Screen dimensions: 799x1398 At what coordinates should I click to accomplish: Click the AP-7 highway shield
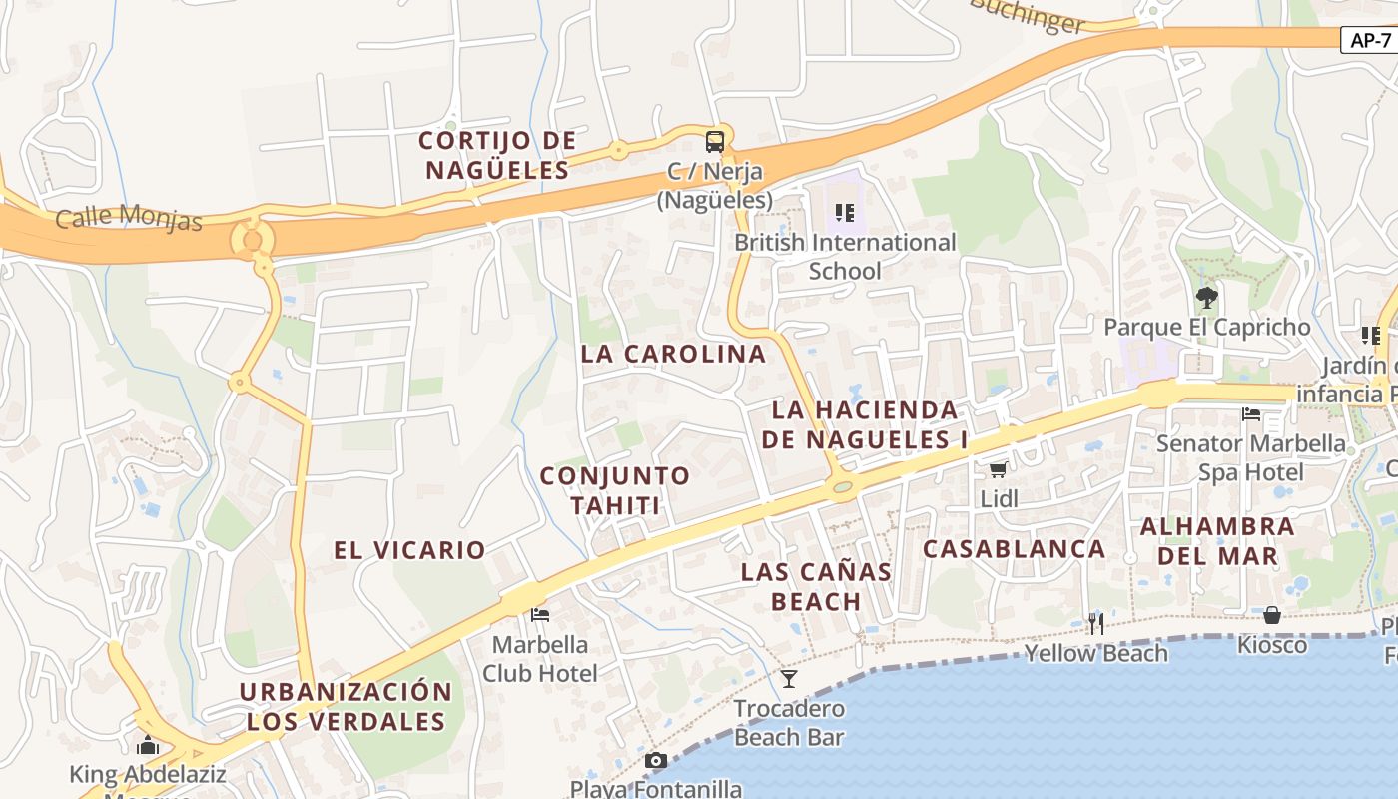pyautogui.click(x=1369, y=40)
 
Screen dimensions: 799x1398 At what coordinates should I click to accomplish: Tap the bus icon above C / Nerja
pyautogui.click(x=715, y=141)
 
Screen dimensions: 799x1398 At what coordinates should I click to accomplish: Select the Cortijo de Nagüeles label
pyautogui.click(x=497, y=155)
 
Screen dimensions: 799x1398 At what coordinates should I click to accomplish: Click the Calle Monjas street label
pyautogui.click(x=129, y=217)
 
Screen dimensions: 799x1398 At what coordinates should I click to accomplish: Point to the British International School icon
pyautogui.click(x=845, y=212)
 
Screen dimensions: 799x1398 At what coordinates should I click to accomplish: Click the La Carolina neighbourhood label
pyautogui.click(x=673, y=354)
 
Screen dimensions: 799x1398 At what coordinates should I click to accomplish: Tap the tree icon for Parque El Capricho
pyautogui.click(x=1206, y=297)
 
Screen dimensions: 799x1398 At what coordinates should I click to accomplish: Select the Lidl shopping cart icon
pyautogui.click(x=998, y=469)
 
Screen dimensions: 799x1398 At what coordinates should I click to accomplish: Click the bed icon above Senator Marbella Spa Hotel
pyautogui.click(x=1251, y=413)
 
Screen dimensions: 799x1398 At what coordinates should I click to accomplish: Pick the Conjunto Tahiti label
pyautogui.click(x=614, y=490)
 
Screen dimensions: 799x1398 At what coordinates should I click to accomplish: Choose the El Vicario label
pyautogui.click(x=409, y=549)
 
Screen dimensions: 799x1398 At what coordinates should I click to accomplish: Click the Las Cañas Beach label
pyautogui.click(x=816, y=586)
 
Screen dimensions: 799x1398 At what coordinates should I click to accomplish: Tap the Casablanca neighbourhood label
pyautogui.click(x=1014, y=548)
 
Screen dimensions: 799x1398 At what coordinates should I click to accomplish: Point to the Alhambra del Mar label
pyautogui.click(x=1217, y=540)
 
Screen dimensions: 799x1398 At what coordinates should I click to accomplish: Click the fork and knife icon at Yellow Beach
pyautogui.click(x=1096, y=624)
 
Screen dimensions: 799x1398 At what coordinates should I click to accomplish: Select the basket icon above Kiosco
pyautogui.click(x=1272, y=615)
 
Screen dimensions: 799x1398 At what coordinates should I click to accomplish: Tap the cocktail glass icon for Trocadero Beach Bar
pyautogui.click(x=789, y=679)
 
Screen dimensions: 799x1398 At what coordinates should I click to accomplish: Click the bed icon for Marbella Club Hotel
pyautogui.click(x=540, y=614)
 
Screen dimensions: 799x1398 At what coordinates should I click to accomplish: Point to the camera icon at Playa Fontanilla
pyautogui.click(x=656, y=761)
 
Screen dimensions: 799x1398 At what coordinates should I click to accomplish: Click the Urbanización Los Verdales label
pyautogui.click(x=346, y=706)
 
